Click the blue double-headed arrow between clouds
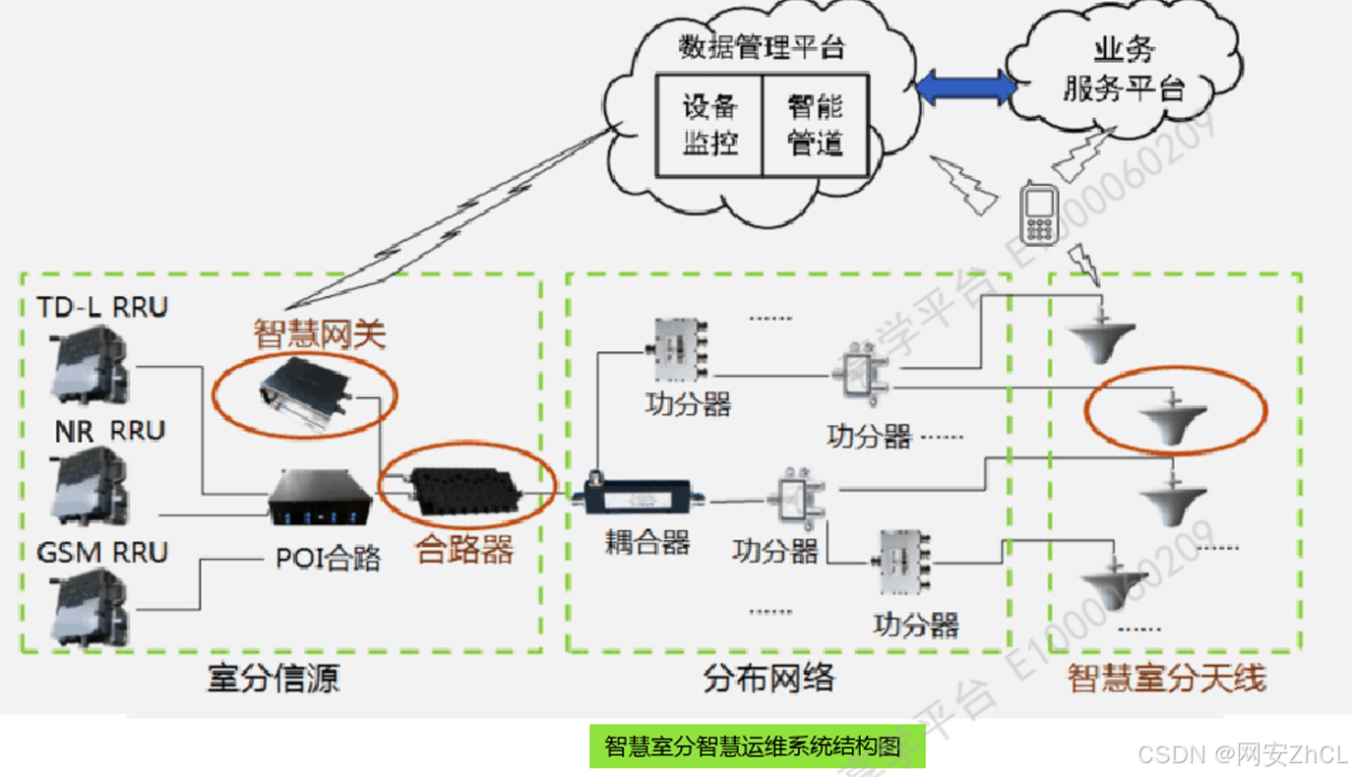coord(965,88)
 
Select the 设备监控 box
coord(709,125)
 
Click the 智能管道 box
coord(816,125)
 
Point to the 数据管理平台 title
coord(762,47)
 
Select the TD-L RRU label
coord(102,308)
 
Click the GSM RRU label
coord(102,553)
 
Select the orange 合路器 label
coord(465,549)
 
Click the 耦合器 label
coord(646,542)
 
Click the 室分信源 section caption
coord(274,678)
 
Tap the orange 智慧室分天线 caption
coord(1167,678)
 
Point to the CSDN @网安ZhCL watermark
coord(1242,754)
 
